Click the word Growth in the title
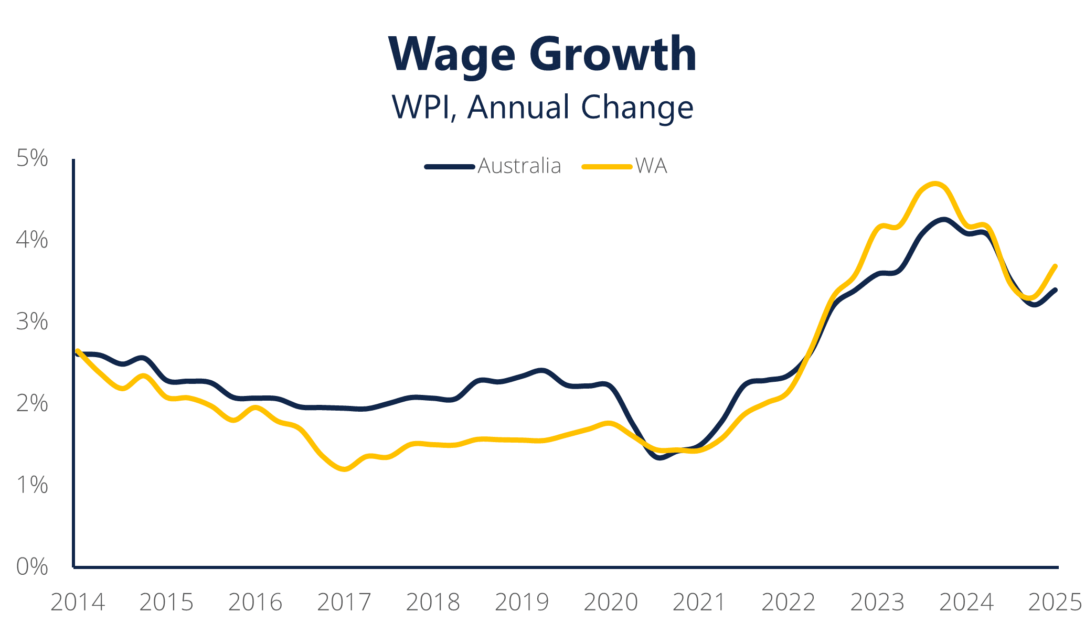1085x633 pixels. (x=612, y=54)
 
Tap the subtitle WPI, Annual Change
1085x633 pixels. (x=542, y=107)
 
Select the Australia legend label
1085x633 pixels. (x=519, y=166)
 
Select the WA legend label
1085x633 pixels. (x=651, y=166)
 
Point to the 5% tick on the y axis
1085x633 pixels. (x=32, y=158)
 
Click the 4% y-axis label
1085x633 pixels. (x=32, y=240)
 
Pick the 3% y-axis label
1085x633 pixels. (x=32, y=322)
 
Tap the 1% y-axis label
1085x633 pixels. (x=32, y=486)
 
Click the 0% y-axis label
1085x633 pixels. (x=32, y=567)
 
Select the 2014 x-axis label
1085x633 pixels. (x=78, y=603)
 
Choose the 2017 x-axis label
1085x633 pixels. (x=344, y=603)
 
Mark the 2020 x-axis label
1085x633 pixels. (x=611, y=603)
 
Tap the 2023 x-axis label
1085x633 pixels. (x=877, y=603)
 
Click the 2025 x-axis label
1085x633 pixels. (x=1055, y=603)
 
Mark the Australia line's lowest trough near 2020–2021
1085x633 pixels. (x=661, y=458)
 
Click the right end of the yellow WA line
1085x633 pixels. (x=1055, y=266)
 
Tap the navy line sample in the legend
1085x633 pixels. (x=450, y=167)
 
